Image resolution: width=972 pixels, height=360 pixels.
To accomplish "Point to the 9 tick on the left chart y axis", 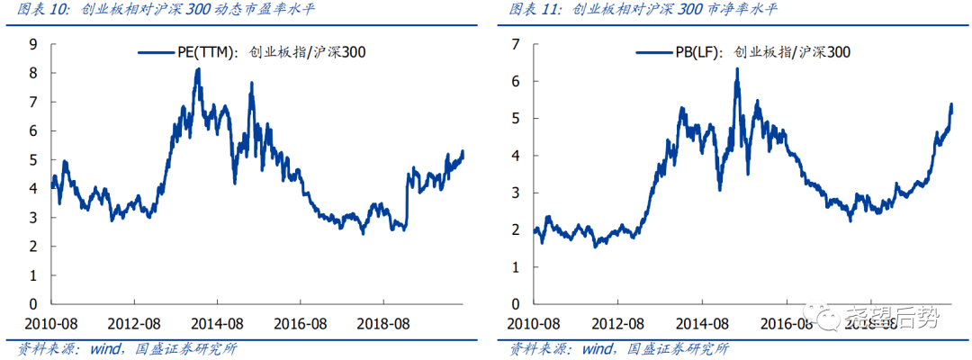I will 32,44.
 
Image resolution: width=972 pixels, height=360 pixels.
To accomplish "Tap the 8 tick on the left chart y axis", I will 32,73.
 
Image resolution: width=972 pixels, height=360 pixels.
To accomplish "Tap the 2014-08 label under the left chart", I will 220,322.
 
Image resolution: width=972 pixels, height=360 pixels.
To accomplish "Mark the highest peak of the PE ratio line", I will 198,69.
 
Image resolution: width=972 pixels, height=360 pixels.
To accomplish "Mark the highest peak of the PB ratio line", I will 736,68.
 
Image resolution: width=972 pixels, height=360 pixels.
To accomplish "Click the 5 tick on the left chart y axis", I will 32,159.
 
